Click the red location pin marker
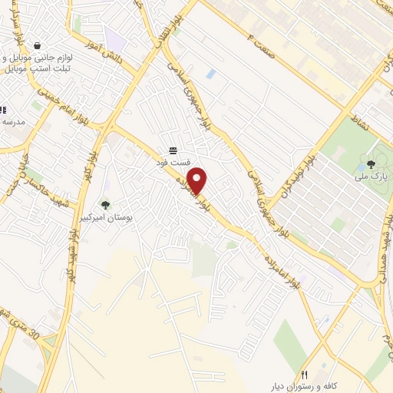[x=198, y=180]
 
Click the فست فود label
[x=173, y=163]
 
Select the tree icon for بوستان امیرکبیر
[x=106, y=204]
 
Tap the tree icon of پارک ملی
[x=372, y=163]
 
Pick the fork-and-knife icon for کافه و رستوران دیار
[x=304, y=374]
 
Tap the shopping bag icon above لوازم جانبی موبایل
[x=38, y=45]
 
